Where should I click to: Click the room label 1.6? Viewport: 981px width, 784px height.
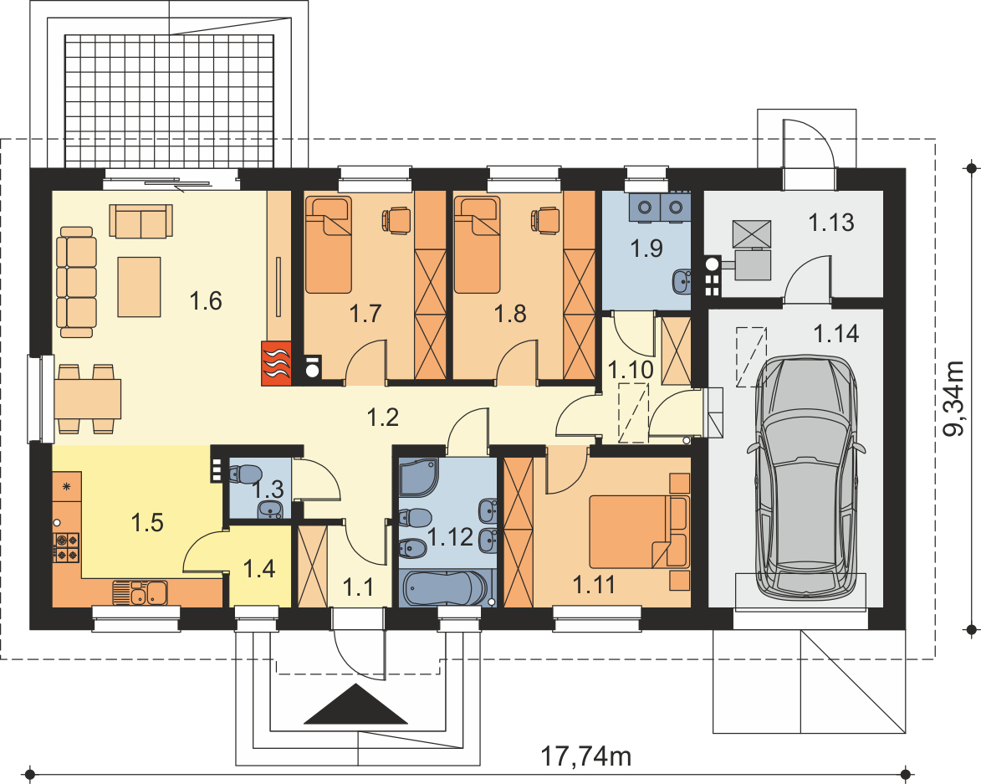click(x=206, y=301)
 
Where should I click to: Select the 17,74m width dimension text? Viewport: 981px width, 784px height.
click(x=585, y=756)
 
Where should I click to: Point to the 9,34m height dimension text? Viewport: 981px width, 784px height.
click(x=953, y=398)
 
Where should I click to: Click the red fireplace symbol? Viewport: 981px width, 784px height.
click(x=276, y=363)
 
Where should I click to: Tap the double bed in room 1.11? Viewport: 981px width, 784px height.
click(x=639, y=532)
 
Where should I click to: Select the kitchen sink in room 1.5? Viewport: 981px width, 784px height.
click(x=141, y=592)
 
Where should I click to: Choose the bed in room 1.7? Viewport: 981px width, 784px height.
click(x=328, y=244)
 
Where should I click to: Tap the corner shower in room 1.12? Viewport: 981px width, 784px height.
click(x=419, y=478)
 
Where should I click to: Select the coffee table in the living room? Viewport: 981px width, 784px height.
click(x=139, y=286)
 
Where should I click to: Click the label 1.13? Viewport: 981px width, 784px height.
click(x=831, y=222)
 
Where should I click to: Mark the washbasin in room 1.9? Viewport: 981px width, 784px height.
click(x=682, y=281)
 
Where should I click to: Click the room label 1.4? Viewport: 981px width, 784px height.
click(x=259, y=569)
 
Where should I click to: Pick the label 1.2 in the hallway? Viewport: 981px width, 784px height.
click(x=383, y=417)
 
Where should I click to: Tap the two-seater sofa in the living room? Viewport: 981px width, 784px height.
click(x=141, y=221)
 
